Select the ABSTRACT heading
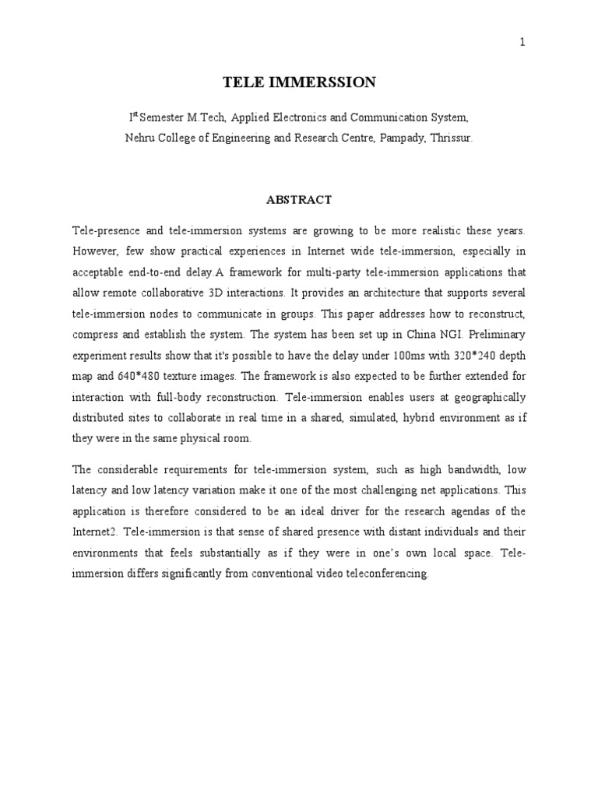click(x=299, y=200)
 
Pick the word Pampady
click(x=389, y=137)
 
